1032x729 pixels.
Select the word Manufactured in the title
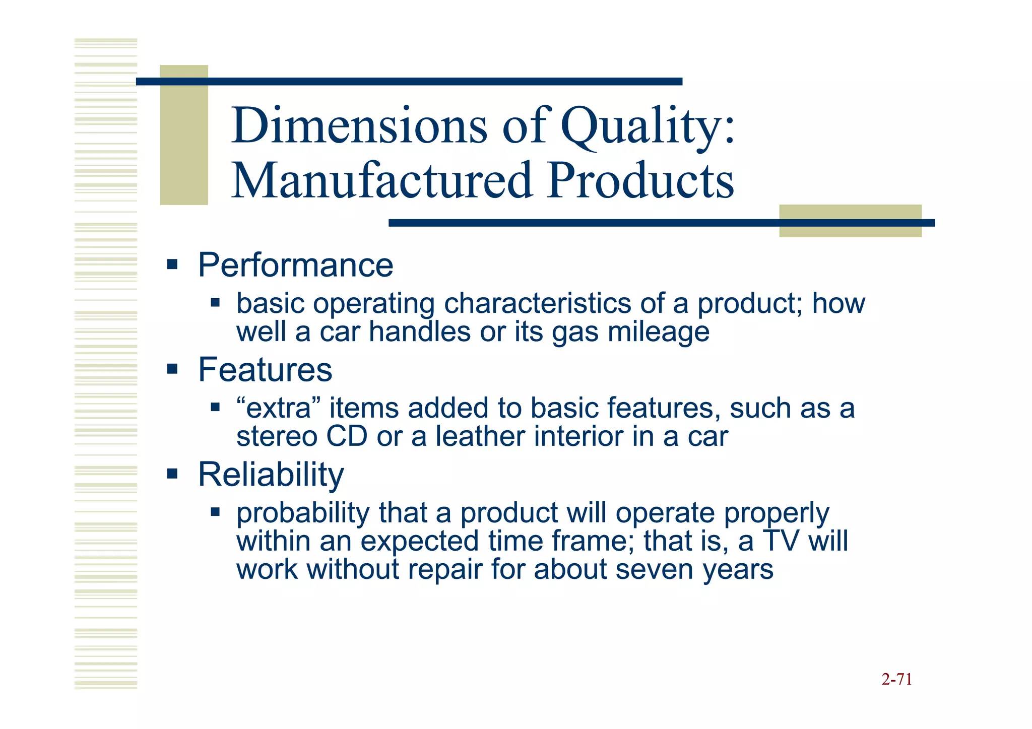[382, 180]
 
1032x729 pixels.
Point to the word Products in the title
[641, 180]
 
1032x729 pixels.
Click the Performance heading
[295, 265]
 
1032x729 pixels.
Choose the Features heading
[265, 370]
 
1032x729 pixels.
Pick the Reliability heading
[271, 475]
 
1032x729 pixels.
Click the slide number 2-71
[896, 680]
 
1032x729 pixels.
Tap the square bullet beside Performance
[172, 264]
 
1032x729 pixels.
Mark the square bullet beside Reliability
[172, 474]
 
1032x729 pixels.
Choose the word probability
[303, 514]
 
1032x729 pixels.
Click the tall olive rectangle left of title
[184, 135]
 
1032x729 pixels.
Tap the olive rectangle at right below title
[850, 221]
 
